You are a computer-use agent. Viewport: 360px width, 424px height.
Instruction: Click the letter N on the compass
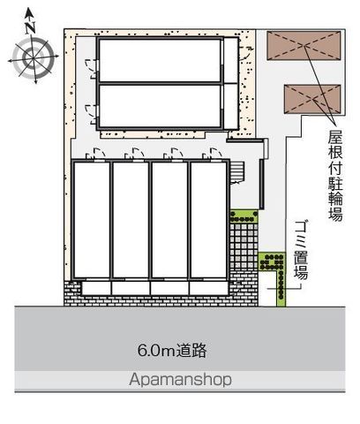pos(30,27)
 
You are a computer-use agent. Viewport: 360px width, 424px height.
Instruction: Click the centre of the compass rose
pos(34,57)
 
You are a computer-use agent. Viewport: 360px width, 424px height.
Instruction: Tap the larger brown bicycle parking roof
pos(304,46)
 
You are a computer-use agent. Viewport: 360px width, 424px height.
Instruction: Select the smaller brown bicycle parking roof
pos(312,99)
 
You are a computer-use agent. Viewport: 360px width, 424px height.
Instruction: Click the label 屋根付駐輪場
pos(335,175)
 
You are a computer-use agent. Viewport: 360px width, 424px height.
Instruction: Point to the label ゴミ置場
pos(301,250)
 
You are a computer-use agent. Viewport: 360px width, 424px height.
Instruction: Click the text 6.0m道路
pos(172,351)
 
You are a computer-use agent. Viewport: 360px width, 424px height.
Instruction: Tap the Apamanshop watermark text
pos(180,379)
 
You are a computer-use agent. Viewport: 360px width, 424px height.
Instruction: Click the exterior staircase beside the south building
pos(237,172)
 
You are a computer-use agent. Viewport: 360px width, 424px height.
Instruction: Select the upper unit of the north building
pos(160,60)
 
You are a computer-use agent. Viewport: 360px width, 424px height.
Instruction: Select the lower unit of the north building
pos(160,106)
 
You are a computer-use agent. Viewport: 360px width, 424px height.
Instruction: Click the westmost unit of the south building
pos(92,220)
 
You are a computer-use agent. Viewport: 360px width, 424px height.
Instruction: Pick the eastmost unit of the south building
pos(208,220)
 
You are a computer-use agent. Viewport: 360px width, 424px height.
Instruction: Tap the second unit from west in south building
pos(131,220)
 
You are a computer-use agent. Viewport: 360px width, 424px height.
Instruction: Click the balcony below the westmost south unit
pos(96,288)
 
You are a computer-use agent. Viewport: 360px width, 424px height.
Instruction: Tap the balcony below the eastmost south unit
pos(209,288)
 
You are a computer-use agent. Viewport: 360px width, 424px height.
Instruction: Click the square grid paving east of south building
pos(244,246)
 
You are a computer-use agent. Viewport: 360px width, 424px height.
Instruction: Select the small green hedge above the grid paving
pos(244,216)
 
